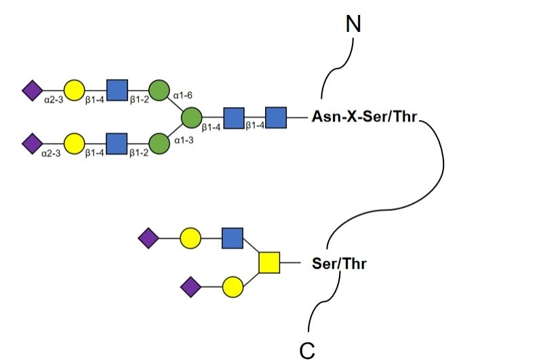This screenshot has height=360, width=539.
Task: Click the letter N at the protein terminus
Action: click(353, 24)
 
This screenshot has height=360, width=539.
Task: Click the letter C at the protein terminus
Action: click(307, 348)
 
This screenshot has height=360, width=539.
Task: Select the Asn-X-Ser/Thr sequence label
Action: click(365, 117)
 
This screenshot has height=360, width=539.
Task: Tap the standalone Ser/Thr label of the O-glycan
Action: click(339, 263)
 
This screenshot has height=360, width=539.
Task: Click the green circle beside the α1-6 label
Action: click(159, 89)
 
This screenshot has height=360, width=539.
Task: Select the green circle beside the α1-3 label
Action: click(159, 144)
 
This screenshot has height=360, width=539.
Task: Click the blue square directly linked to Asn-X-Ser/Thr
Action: click(275, 117)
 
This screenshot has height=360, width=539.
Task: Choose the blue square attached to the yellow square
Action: click(232, 239)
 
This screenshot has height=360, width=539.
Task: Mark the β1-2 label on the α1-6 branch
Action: click(138, 100)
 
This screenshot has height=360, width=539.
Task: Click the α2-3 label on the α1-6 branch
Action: click(52, 100)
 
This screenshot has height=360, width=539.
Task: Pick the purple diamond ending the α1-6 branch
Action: click(32, 89)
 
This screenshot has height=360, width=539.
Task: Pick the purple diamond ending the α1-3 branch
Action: click(32, 144)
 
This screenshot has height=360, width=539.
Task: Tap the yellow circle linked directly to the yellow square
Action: click(233, 287)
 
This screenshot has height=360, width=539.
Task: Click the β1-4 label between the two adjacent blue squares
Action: click(255, 126)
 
